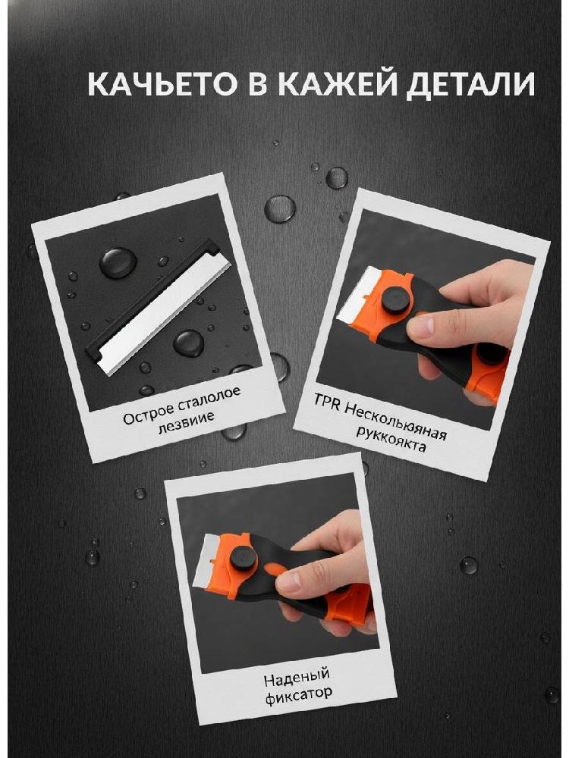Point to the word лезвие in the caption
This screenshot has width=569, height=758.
point(187,421)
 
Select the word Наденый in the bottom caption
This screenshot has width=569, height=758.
point(297,677)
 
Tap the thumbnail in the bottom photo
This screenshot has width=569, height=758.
point(289,582)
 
